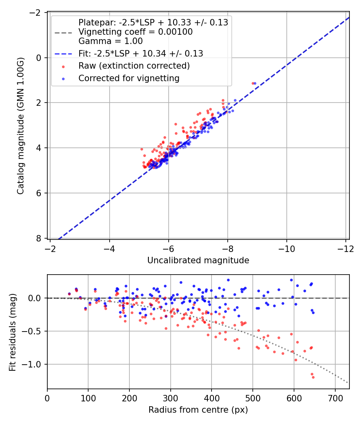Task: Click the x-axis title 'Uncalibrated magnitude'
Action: [x=198, y=260]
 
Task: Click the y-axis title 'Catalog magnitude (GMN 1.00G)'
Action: [x=21, y=126]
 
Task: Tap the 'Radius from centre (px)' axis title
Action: [x=198, y=410]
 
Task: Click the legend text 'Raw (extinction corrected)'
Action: [x=134, y=66]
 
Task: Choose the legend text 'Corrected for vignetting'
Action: [x=129, y=78]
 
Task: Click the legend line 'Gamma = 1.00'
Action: [x=110, y=41]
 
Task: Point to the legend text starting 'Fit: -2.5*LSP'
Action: [x=141, y=54]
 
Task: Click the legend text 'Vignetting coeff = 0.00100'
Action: [x=135, y=31]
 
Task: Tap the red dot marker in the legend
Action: [x=63, y=67]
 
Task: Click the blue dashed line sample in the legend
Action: [x=63, y=54]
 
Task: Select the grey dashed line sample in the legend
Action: [x=63, y=33]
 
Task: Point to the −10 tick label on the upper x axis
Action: [x=286, y=249]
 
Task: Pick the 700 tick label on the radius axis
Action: [x=335, y=398]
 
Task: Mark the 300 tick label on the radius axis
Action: [x=171, y=398]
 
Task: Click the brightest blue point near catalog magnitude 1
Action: [x=255, y=83]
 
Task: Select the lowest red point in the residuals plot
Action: [x=313, y=377]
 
